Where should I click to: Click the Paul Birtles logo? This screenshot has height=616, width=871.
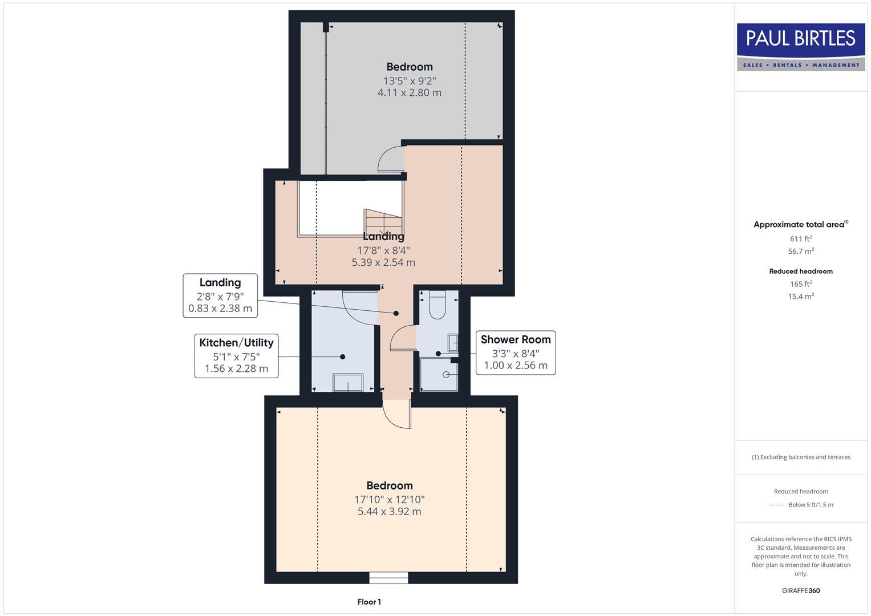click(800, 47)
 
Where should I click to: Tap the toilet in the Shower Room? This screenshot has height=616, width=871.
click(437, 306)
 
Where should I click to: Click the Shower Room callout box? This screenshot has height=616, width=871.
click(516, 352)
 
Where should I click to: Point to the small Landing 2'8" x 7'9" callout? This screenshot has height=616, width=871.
click(220, 295)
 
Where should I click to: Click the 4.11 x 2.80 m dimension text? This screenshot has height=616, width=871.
click(409, 92)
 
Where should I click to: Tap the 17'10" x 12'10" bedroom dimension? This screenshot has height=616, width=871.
click(389, 499)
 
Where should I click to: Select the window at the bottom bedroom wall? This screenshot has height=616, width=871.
click(388, 578)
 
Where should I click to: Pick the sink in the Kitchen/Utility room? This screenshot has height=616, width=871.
click(347, 382)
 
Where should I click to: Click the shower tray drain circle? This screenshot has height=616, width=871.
click(446, 374)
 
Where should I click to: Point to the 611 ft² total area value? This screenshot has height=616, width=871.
click(800, 239)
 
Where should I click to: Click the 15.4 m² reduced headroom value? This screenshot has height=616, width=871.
click(800, 296)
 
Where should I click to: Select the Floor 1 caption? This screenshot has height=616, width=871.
click(369, 602)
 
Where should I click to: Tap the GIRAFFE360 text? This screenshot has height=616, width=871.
click(800, 590)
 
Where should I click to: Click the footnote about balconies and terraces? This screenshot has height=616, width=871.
click(800, 457)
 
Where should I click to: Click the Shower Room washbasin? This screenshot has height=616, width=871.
click(452, 342)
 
